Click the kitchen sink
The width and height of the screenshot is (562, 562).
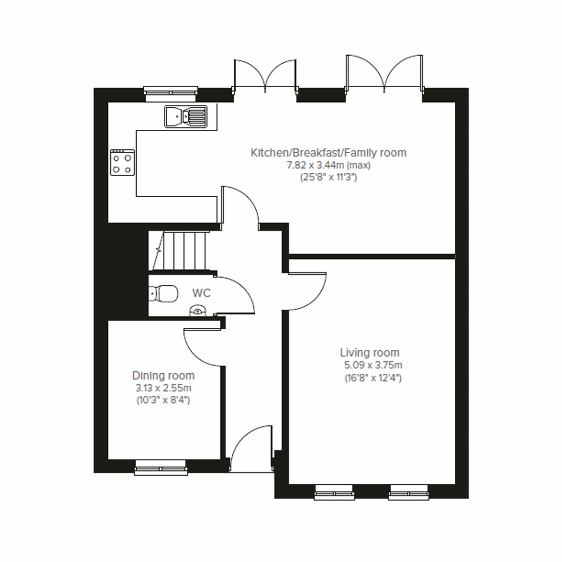coord(185,116)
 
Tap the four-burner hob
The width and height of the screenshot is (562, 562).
coord(122,163)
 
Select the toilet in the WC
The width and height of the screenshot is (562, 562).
coord(163,294)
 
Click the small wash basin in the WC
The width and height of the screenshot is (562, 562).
coord(198,311)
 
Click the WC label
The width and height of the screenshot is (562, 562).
coord(201,293)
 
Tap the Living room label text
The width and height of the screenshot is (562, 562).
coord(370,353)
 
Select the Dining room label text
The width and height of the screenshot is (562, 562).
coord(163,376)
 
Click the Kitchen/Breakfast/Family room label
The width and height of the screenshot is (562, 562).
coord(328,153)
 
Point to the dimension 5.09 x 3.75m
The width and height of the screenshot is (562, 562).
coord(373,365)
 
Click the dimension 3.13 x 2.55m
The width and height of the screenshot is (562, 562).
coord(163,388)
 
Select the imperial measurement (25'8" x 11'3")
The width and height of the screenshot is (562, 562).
coord(328,177)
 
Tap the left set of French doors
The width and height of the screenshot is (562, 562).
coord(265,75)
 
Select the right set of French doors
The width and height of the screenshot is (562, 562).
coord(385,73)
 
